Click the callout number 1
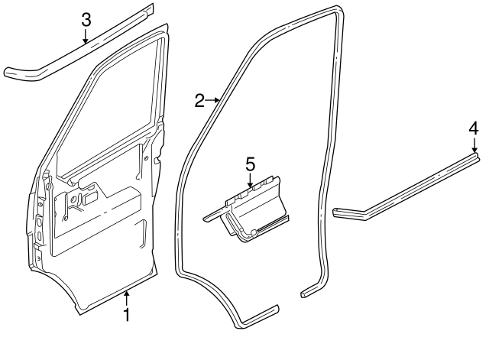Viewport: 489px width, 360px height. (127, 314)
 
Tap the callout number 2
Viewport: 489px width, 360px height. (199, 100)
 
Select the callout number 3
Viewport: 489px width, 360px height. (87, 18)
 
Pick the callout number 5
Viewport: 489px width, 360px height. (249, 164)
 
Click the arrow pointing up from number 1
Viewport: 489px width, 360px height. (127, 298)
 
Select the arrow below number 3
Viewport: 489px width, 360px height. (87, 37)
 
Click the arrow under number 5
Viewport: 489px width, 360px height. (250, 180)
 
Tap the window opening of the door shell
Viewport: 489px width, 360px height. (115, 115)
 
